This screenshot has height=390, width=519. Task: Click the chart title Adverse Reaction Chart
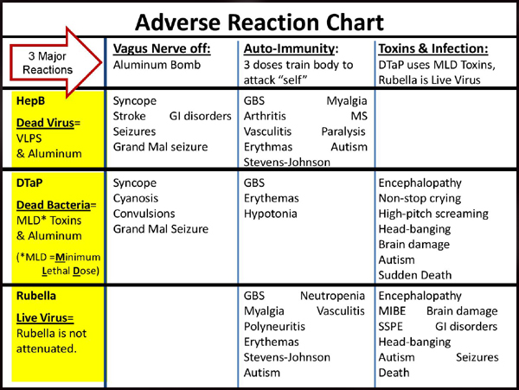pos(259,22)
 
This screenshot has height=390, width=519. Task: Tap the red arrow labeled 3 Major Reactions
pos(55,62)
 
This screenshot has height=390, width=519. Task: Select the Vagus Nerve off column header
pos(162,49)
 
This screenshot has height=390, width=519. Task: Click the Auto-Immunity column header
pos(291,49)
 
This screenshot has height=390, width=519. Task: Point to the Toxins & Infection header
pos(433,48)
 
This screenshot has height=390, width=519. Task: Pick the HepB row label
pos(30,101)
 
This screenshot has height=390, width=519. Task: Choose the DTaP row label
pos(29,183)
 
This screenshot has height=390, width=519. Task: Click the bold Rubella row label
pos(36,296)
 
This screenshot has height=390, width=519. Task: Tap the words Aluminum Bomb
pos(157,65)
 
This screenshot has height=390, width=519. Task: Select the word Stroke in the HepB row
pos(130,116)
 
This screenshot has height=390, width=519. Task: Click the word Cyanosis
pos(136,199)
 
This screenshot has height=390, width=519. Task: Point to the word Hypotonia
pos(271,214)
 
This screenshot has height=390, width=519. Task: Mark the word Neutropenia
pos(333,296)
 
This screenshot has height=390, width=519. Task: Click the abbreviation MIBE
pos(392,311)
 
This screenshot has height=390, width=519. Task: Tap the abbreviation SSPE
pos(391,327)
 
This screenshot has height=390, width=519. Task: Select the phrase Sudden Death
pos(415,275)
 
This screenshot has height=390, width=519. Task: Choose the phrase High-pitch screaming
pos(433,214)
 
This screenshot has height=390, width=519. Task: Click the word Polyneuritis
pos(274,327)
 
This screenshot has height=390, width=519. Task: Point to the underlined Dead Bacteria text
pos(54,205)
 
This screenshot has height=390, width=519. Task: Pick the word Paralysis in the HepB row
pos(343,131)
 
